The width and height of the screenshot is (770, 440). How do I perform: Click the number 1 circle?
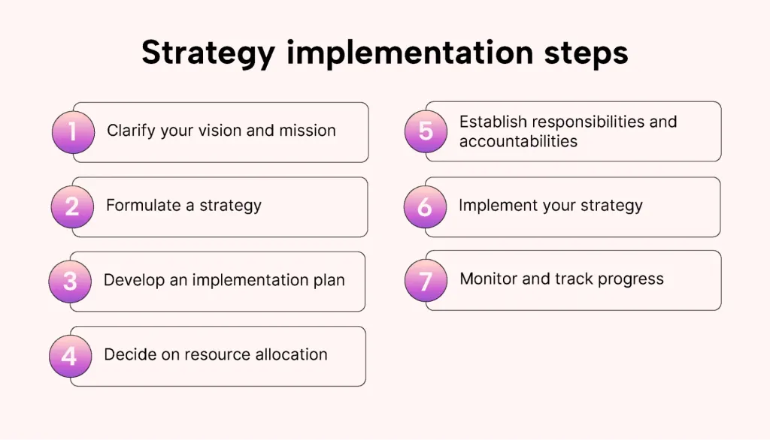point(73,132)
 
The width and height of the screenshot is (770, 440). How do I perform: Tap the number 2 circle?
point(72,206)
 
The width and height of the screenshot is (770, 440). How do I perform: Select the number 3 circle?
point(70,282)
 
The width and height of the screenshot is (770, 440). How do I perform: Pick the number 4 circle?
point(70,356)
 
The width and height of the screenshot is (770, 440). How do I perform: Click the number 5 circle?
point(426,131)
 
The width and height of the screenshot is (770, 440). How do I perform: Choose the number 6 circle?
point(426,206)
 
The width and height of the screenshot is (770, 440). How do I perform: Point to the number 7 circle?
point(426,281)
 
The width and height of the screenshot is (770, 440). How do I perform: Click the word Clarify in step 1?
point(131,131)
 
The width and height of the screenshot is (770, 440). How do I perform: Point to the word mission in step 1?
point(308,131)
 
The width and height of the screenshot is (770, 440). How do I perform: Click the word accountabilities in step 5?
point(518,141)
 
